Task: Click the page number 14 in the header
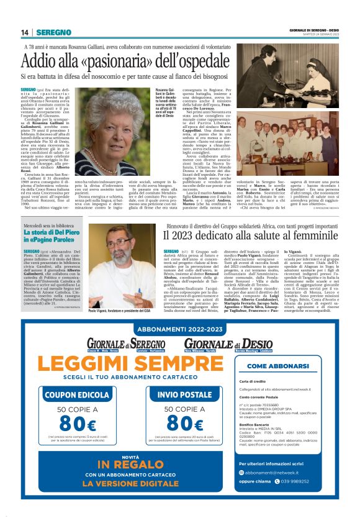coord(25,32)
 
